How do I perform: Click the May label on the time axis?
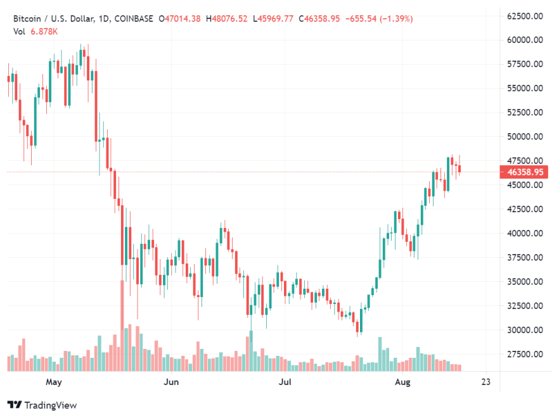[54, 382]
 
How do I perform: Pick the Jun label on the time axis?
[170, 382]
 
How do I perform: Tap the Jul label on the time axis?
[286, 382]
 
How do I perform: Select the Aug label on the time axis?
[402, 382]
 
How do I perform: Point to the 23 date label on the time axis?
[486, 382]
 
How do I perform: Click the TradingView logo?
[42, 405]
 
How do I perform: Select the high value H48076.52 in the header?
[226, 19]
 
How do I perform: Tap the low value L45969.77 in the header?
[273, 19]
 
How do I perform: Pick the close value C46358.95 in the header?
[320, 19]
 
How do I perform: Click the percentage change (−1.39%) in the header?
[395, 19]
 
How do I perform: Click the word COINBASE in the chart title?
[132, 19]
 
